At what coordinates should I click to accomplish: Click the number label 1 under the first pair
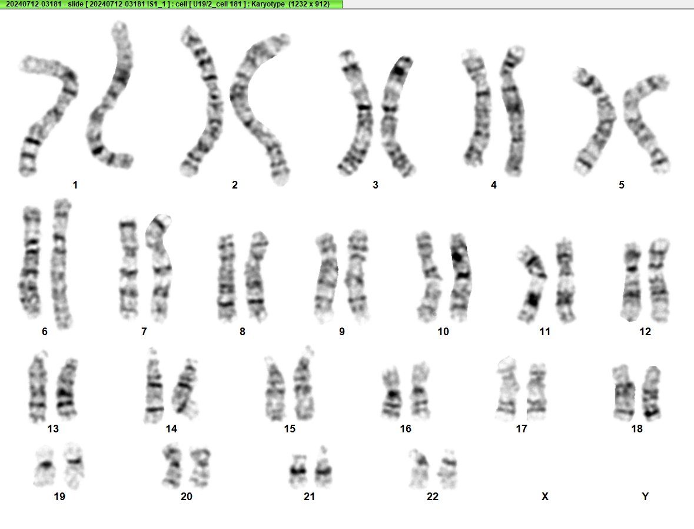[x=75, y=185]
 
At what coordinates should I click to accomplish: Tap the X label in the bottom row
[x=545, y=496]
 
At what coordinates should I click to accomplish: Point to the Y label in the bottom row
[x=645, y=496]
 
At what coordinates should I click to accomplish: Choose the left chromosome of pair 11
[x=533, y=283]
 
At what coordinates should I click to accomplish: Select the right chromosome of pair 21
[x=323, y=467]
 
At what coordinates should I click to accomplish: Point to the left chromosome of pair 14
[x=154, y=386]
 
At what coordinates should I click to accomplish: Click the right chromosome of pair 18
[x=652, y=394]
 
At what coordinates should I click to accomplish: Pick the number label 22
[x=433, y=496]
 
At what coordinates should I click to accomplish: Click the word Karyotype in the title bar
[x=268, y=4]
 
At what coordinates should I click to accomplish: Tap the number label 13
[x=53, y=428]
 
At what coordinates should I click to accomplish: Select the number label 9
[x=341, y=332]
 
